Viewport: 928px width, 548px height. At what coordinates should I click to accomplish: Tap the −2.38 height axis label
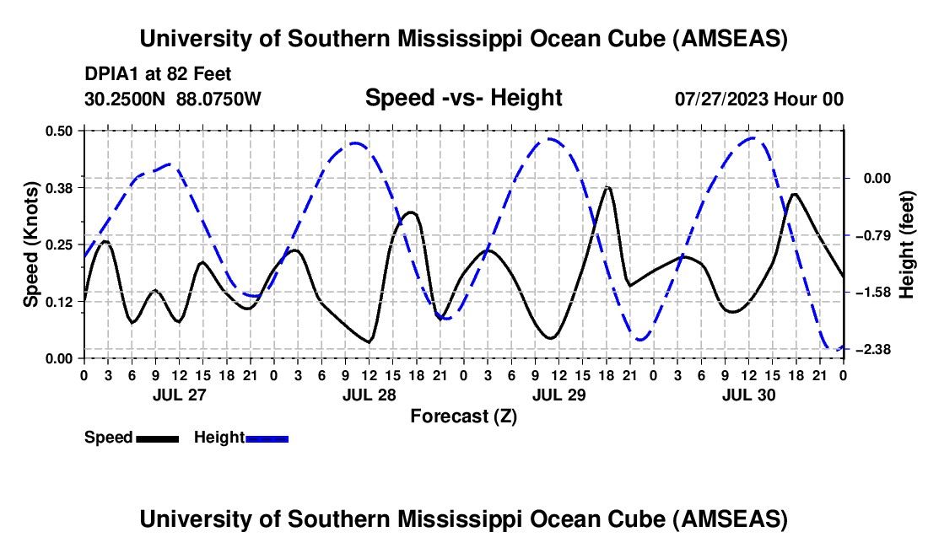point(869,350)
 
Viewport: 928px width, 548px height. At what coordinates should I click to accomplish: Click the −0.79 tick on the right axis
point(869,235)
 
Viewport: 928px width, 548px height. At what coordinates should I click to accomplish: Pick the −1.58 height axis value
point(869,293)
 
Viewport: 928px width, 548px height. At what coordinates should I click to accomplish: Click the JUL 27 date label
point(177,395)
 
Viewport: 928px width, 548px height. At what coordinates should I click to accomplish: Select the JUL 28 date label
point(367,395)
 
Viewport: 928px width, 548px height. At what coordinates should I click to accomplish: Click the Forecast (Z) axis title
point(463,416)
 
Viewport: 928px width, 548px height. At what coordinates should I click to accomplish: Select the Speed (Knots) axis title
point(31,244)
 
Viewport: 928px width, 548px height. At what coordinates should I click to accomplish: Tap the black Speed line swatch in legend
point(156,438)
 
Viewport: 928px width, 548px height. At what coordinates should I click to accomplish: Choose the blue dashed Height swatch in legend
point(267,438)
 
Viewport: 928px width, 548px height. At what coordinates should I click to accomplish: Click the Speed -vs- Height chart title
point(463,99)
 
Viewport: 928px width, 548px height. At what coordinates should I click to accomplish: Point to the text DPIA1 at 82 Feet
point(158,74)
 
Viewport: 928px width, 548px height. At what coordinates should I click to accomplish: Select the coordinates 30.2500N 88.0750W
point(173,99)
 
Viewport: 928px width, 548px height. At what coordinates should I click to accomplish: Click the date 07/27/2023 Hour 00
point(758,99)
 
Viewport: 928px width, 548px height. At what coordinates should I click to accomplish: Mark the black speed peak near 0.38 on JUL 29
point(607,187)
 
